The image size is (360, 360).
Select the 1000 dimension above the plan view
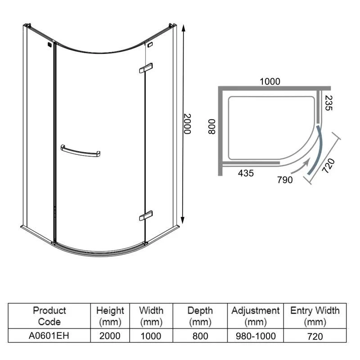pyautogui.click(x=270, y=81)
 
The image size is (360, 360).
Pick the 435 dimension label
pyautogui.click(x=246, y=173)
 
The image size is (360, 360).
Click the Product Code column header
pyautogui.click(x=49, y=316)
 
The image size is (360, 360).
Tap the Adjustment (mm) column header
pyautogui.click(x=255, y=316)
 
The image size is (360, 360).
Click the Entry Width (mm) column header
pyautogui.click(x=315, y=316)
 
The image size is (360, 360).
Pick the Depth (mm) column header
pyautogui.click(x=200, y=316)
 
